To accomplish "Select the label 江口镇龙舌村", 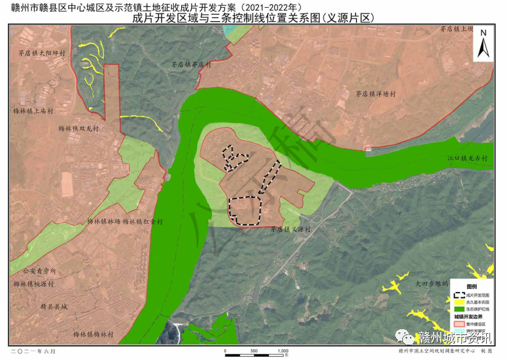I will [468, 158].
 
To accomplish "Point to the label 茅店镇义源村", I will [290, 229].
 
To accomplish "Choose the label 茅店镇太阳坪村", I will [44, 54].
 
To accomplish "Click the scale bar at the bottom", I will [256, 351].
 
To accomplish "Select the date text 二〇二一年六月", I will [33, 352].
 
